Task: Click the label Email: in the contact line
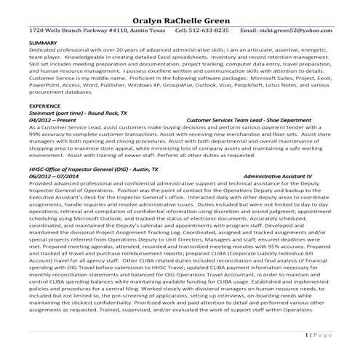[249, 31]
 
